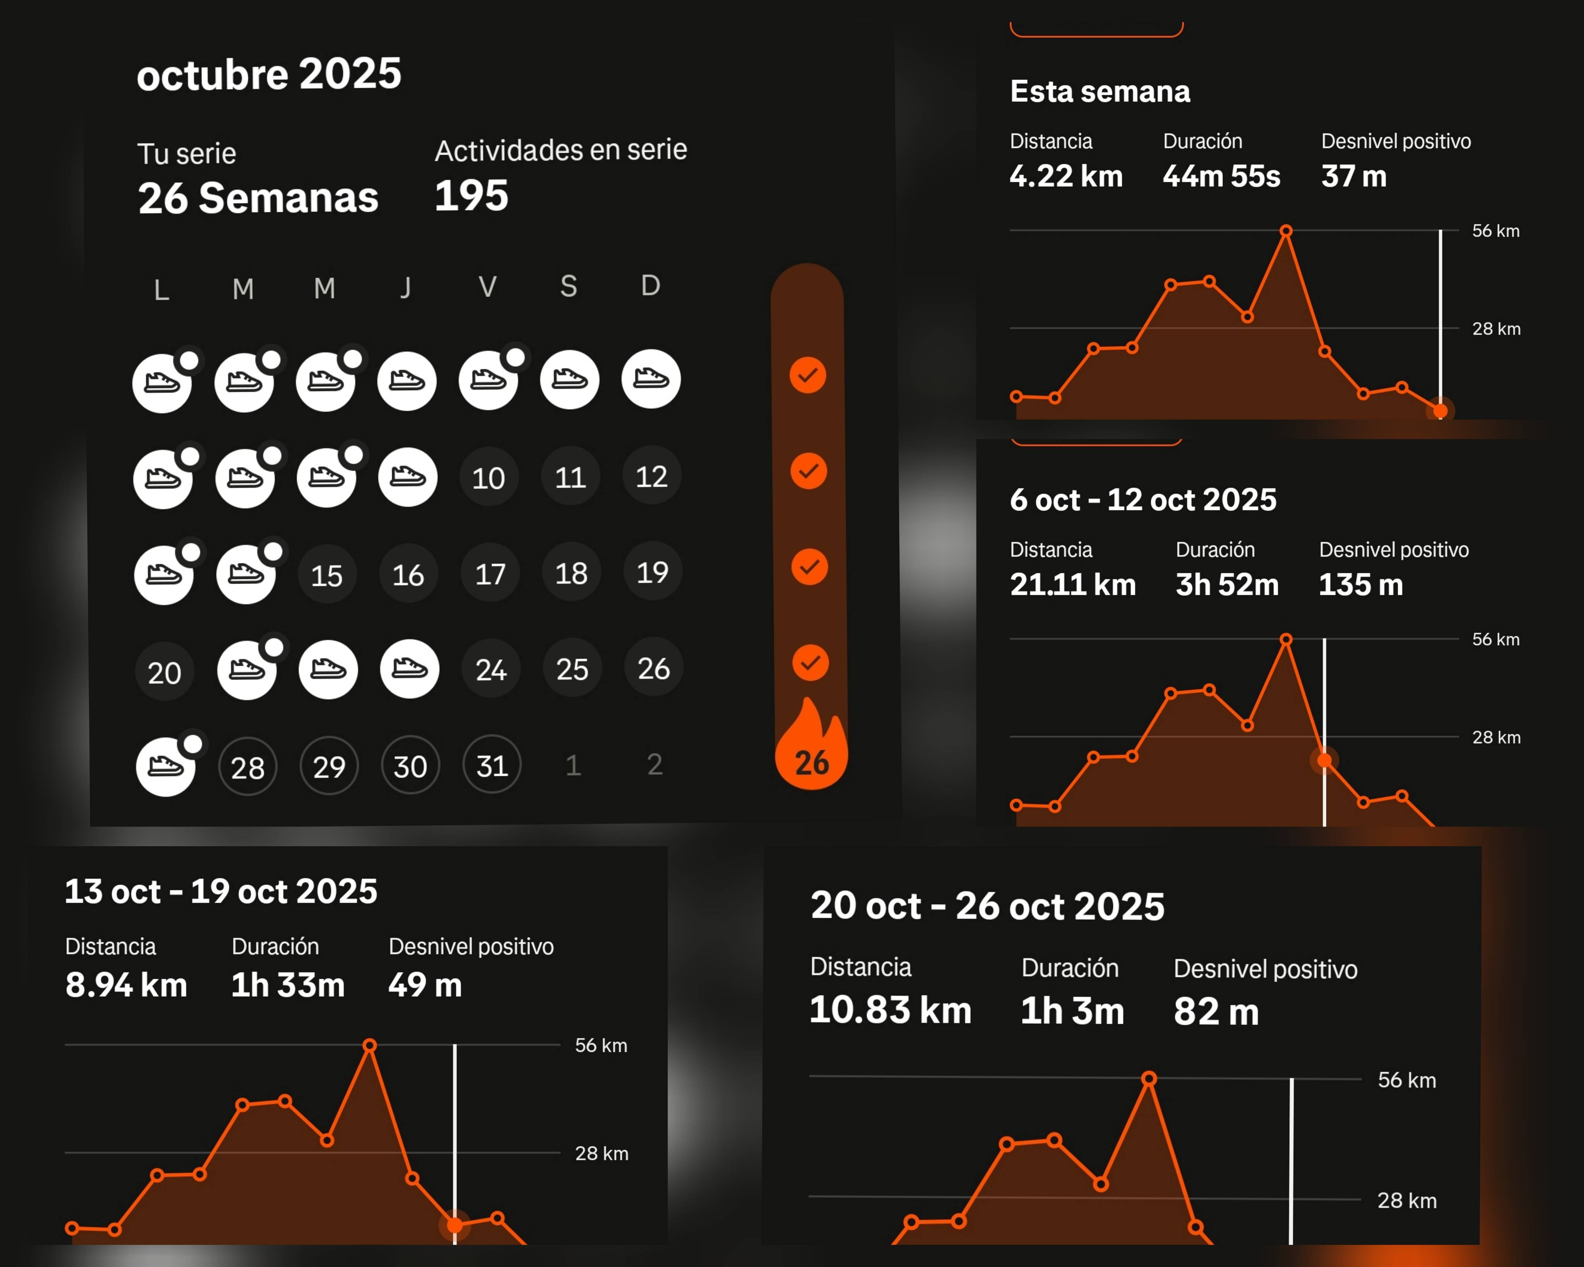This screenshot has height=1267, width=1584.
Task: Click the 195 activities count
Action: (x=471, y=195)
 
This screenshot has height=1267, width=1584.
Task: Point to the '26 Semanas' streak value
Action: (x=258, y=198)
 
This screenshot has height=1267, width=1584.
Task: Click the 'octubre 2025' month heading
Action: (x=269, y=74)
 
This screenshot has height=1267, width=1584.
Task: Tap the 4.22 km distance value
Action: (x=1066, y=176)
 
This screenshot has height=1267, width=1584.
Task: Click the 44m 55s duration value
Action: (x=1221, y=176)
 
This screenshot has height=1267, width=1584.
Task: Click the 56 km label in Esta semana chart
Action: (x=1495, y=231)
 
